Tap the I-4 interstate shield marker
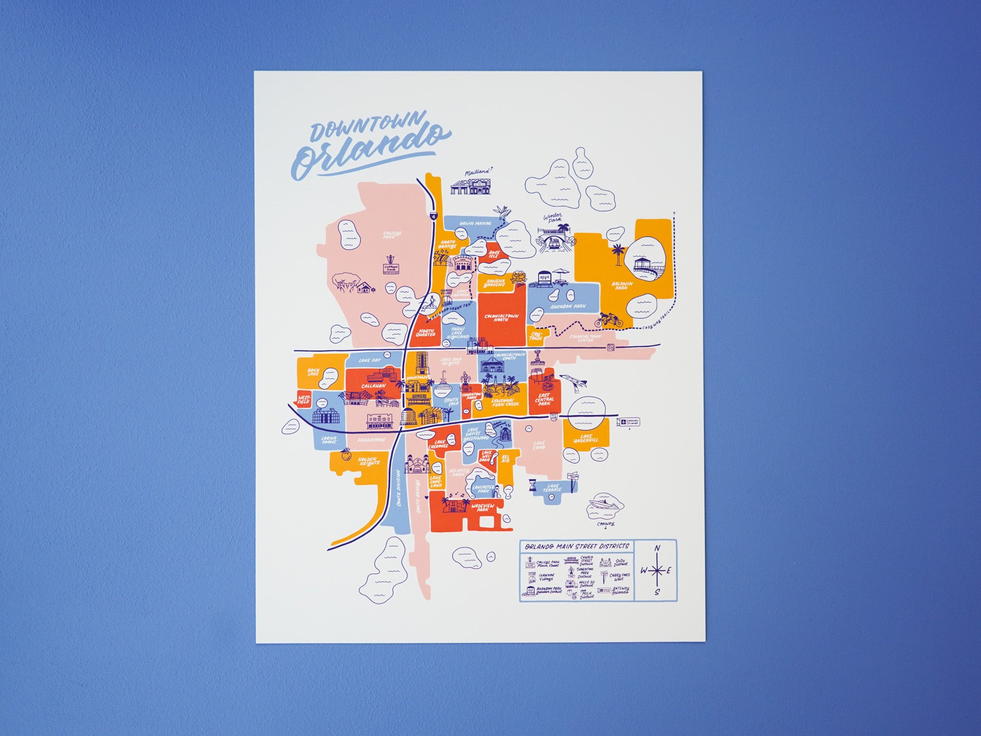point(434,217)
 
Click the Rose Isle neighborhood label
point(494,254)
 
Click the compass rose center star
point(658,570)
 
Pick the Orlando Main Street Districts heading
point(576,547)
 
